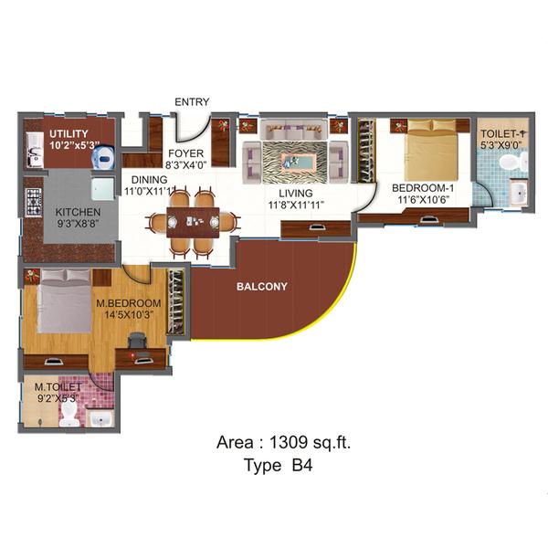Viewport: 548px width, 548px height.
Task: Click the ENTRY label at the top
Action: point(192,101)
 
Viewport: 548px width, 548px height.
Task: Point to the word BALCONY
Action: point(262,286)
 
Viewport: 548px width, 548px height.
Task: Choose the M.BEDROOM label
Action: point(129,303)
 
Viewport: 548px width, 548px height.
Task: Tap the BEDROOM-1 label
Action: point(423,189)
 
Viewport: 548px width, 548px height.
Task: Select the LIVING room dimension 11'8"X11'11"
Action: point(296,205)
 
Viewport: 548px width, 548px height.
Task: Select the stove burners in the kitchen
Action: point(36,201)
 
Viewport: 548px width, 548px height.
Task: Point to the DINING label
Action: point(149,180)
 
